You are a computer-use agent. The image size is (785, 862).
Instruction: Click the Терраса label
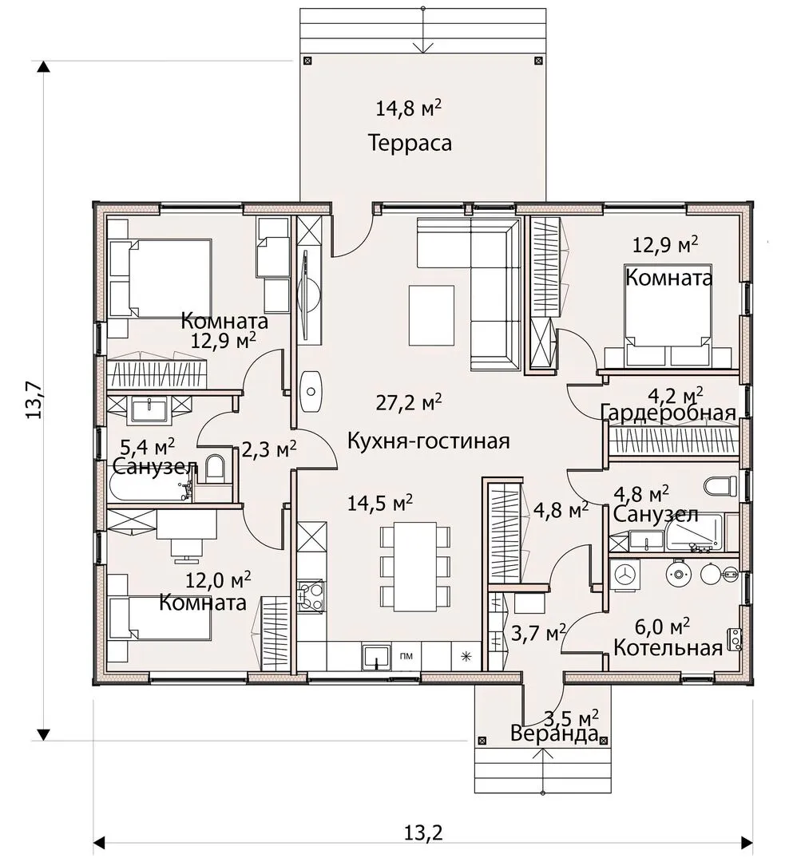click(410, 143)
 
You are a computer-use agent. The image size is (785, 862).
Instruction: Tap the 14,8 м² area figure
click(408, 108)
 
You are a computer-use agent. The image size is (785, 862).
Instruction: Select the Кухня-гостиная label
click(429, 441)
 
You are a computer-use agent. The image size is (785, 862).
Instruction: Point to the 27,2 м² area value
click(408, 402)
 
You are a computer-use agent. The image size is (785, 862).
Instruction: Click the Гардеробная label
click(668, 413)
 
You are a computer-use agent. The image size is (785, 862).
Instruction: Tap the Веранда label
click(554, 734)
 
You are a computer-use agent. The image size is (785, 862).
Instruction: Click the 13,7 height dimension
click(34, 400)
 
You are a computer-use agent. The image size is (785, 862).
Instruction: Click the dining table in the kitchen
click(415, 567)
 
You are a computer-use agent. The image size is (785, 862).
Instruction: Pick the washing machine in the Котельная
click(626, 575)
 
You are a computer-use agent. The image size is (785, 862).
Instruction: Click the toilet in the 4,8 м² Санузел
click(720, 486)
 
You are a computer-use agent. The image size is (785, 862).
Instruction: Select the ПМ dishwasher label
click(406, 656)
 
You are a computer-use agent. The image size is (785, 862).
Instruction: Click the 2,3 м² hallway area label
click(269, 450)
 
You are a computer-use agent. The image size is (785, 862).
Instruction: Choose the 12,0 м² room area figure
click(218, 579)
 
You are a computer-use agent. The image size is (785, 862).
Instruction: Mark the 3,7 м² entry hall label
click(538, 633)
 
